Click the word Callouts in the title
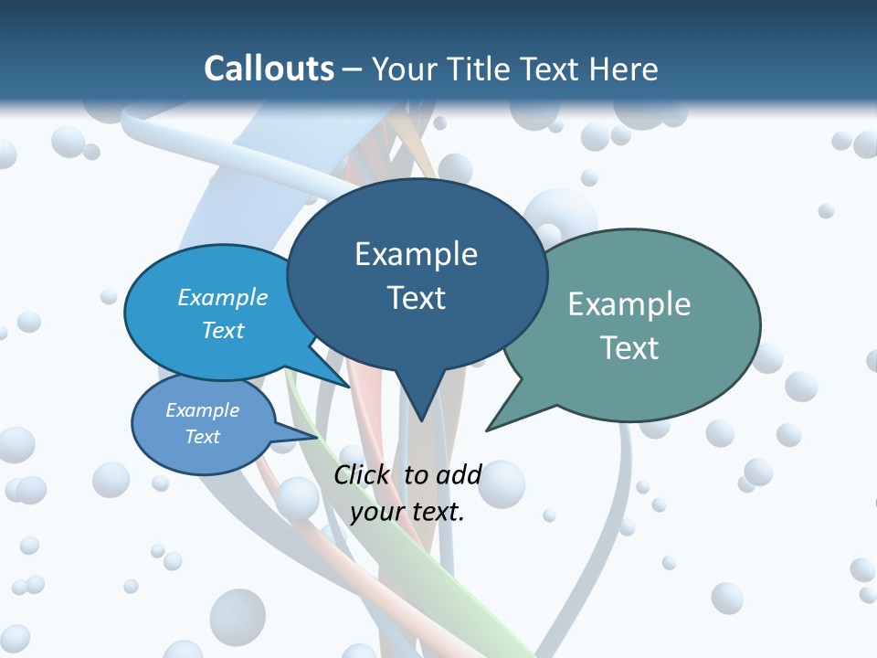tap(269, 69)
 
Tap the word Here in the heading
tap(624, 69)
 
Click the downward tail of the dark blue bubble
tap(419, 402)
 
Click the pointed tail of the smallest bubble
tap(297, 433)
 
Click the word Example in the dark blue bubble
tap(416, 254)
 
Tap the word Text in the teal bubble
tap(629, 348)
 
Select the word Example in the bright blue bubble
tap(223, 298)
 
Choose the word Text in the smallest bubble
tap(203, 437)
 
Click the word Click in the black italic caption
tap(364, 474)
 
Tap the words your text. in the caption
tap(407, 512)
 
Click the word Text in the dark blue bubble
tap(416, 298)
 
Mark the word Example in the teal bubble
tap(629, 304)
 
